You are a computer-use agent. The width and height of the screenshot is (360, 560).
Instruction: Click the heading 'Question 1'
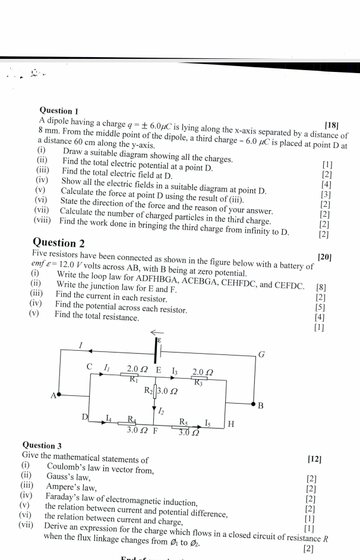point(59,111)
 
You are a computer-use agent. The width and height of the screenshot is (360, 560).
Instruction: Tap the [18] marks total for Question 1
point(332,125)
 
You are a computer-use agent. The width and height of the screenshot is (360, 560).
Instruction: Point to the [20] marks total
point(325,257)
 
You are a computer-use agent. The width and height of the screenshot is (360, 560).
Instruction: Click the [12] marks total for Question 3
point(315,459)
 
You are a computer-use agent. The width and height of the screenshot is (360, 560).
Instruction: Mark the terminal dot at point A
point(59,395)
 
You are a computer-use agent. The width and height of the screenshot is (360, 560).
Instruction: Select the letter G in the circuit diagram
point(261,355)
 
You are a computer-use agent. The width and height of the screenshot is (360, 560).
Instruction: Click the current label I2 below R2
point(162,410)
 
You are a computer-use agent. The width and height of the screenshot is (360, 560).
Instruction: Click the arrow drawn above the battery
point(156,332)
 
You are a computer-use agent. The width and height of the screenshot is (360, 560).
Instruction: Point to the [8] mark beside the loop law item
point(321,288)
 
